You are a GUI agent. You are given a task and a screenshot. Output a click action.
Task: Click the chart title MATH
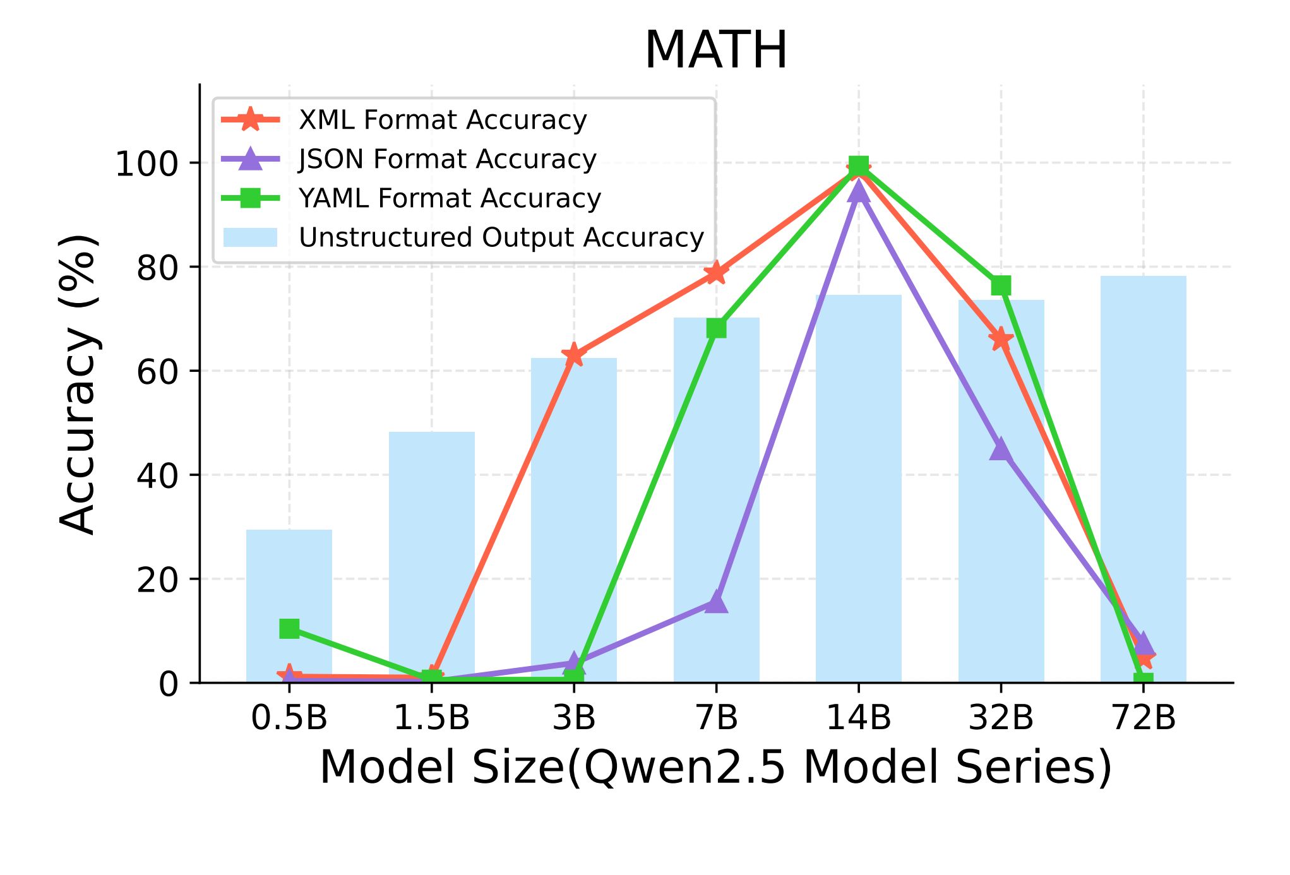[716, 51]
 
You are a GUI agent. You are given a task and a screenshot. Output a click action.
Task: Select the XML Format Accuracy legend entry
[442, 120]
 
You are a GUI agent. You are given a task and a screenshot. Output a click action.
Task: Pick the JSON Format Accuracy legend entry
[447, 159]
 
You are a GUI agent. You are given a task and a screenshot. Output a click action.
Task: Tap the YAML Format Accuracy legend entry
[450, 198]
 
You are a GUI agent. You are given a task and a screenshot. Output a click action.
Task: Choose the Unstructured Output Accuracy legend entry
[501, 237]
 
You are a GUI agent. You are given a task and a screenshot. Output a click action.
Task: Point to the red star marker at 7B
[716, 273]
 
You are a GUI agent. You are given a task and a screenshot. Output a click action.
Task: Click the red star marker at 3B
[574, 355]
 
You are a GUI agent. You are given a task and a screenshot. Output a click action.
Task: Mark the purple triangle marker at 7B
[716, 602]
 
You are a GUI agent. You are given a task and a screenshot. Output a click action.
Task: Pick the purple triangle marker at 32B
[1001, 449]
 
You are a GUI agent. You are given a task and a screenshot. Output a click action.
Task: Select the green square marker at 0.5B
[289, 628]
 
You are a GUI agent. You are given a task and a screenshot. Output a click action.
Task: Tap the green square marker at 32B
[1001, 285]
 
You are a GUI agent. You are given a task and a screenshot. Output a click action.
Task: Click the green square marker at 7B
[716, 328]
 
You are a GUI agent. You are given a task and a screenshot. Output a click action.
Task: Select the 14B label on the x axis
[858, 718]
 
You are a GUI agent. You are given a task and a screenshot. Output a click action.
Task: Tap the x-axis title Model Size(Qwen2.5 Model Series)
[715, 768]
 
